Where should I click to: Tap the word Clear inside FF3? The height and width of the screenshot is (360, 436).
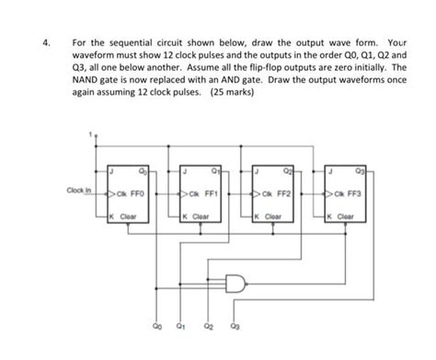pos(348,217)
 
